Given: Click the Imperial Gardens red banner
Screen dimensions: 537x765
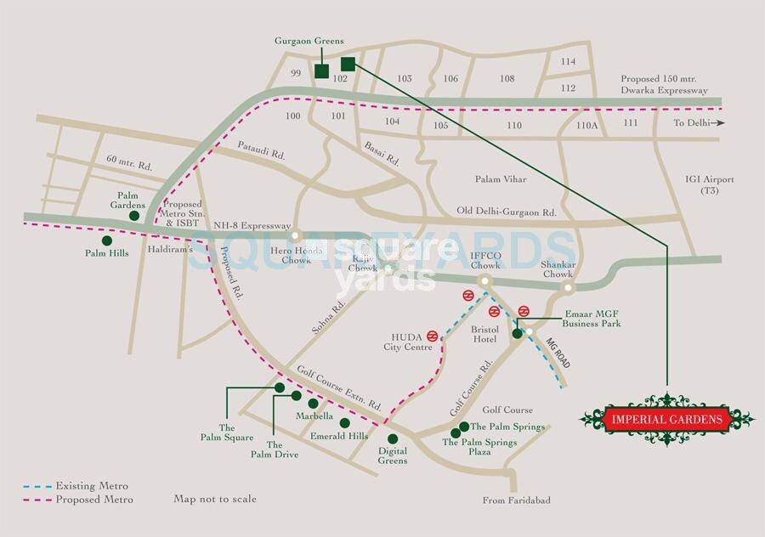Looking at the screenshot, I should pyautogui.click(x=666, y=419).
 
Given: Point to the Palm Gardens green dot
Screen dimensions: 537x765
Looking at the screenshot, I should pyautogui.click(x=134, y=217).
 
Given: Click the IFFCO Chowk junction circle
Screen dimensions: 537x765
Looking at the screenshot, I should pyautogui.click(x=484, y=280).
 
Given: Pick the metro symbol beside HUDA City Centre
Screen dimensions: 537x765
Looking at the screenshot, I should pyautogui.click(x=433, y=336).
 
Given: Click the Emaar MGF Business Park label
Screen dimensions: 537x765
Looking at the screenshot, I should pyautogui.click(x=592, y=318).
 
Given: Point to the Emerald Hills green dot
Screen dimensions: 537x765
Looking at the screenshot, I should pyautogui.click(x=344, y=422).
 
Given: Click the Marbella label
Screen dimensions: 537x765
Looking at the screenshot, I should pyautogui.click(x=314, y=416).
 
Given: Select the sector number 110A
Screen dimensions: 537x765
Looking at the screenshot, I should pyautogui.click(x=587, y=125).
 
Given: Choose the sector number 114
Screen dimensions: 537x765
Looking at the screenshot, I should pyautogui.click(x=568, y=61).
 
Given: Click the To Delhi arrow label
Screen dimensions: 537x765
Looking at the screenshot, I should pyautogui.click(x=699, y=123).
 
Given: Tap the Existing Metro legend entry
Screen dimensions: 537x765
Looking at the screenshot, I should pyautogui.click(x=76, y=487).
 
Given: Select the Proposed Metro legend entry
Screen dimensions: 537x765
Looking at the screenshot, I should pyautogui.click(x=77, y=500).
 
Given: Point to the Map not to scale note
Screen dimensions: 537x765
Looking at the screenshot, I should pyautogui.click(x=215, y=499).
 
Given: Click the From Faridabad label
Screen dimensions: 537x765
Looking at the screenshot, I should pyautogui.click(x=516, y=500).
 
